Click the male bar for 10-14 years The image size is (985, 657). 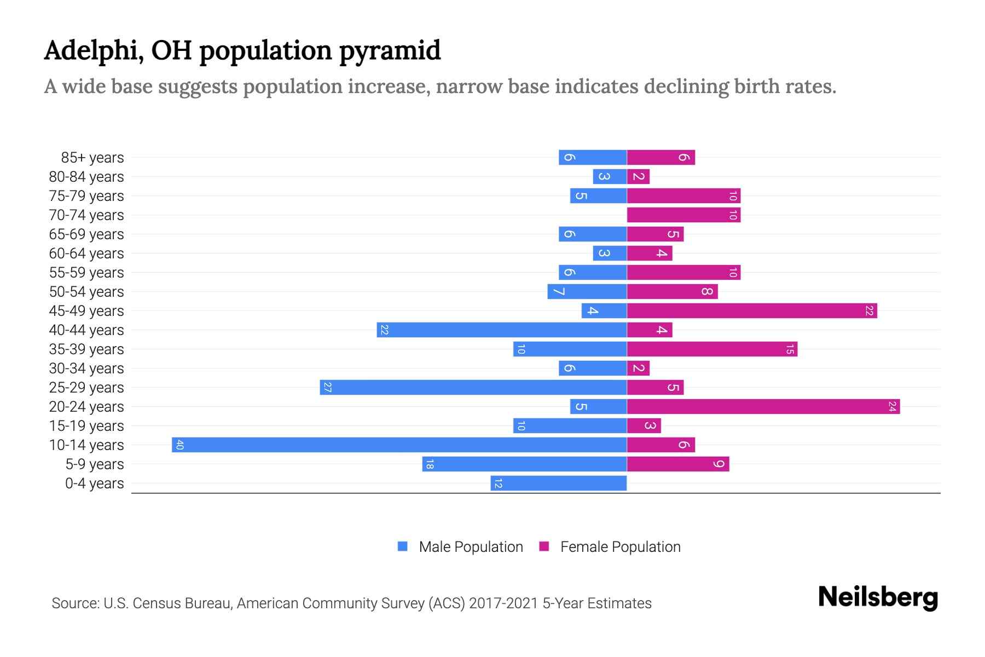point(399,445)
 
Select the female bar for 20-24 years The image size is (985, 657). point(763,406)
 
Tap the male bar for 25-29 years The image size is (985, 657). point(473,387)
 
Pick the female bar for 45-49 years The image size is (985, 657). point(752,310)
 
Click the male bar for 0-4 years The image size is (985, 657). point(558,483)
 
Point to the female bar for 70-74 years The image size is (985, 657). point(683,215)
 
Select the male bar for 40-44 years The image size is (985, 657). point(502,330)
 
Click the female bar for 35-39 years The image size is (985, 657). point(712,349)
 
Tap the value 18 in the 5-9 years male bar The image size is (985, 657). point(430,464)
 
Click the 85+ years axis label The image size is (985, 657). point(92,158)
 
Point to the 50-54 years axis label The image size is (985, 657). point(86,292)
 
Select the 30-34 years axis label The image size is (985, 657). point(86,368)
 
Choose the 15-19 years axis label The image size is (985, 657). point(86,426)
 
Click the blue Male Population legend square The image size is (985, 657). point(403,546)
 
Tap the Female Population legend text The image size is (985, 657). point(620,546)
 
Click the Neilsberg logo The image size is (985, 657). point(878,597)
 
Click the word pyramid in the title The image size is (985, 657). point(390,51)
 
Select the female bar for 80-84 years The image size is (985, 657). point(638,176)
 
